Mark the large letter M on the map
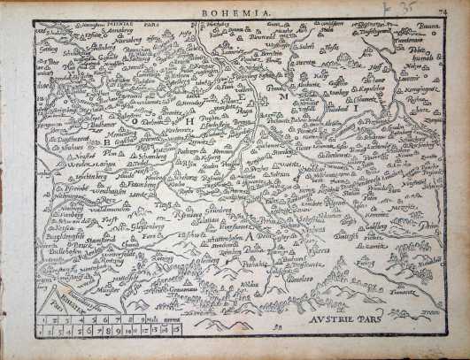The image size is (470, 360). coord(282,98)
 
